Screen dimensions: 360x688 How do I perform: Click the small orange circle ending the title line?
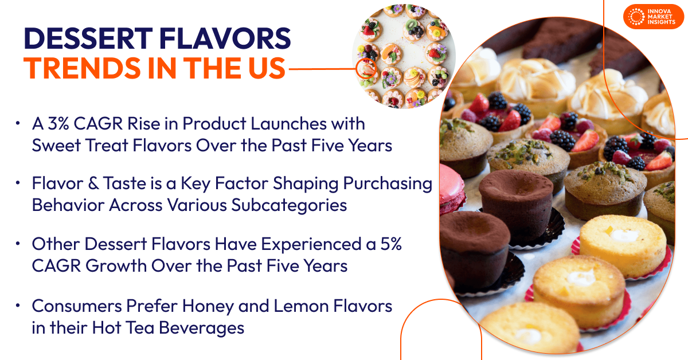click(x=365, y=69)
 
